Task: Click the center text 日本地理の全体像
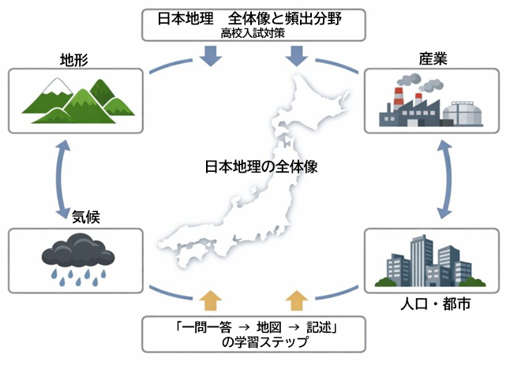coord(254,168)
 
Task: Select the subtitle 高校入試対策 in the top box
coord(254,32)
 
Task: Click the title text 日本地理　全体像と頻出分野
coord(254,17)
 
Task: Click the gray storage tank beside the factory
coord(462,114)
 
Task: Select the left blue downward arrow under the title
coord(210,56)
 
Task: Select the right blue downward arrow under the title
coord(298,56)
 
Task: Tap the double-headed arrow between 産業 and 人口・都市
coord(445,180)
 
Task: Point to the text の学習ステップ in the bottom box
coord(254,343)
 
